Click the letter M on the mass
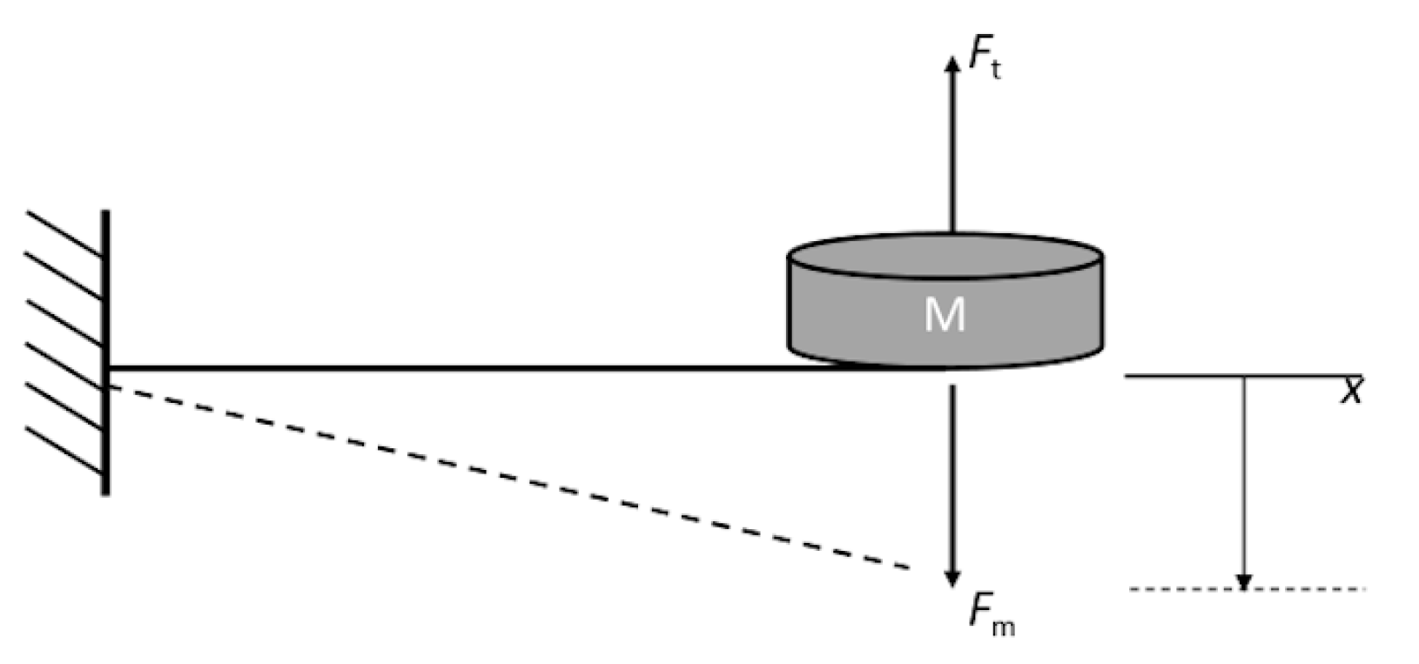(x=945, y=314)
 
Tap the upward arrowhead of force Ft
(x=952, y=60)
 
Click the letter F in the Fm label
(x=979, y=611)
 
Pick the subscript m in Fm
(x=1003, y=626)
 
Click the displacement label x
(x=1351, y=392)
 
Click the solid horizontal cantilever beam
(x=435, y=369)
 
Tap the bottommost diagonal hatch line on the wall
(x=66, y=449)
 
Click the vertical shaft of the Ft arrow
(x=952, y=148)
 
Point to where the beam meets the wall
(x=107, y=370)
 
